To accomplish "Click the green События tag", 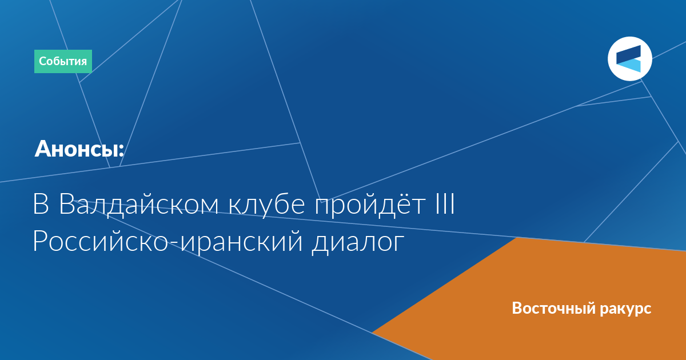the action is tap(63, 61).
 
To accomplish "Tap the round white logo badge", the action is tap(629, 59).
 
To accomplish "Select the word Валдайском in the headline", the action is tap(138, 205).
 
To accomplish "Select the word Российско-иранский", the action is tap(167, 241).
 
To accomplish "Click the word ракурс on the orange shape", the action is tap(625, 309).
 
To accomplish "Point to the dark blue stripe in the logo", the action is tap(628, 54).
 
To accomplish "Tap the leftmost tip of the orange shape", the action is tap(372, 332).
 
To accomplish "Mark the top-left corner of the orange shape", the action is tap(517, 238).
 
